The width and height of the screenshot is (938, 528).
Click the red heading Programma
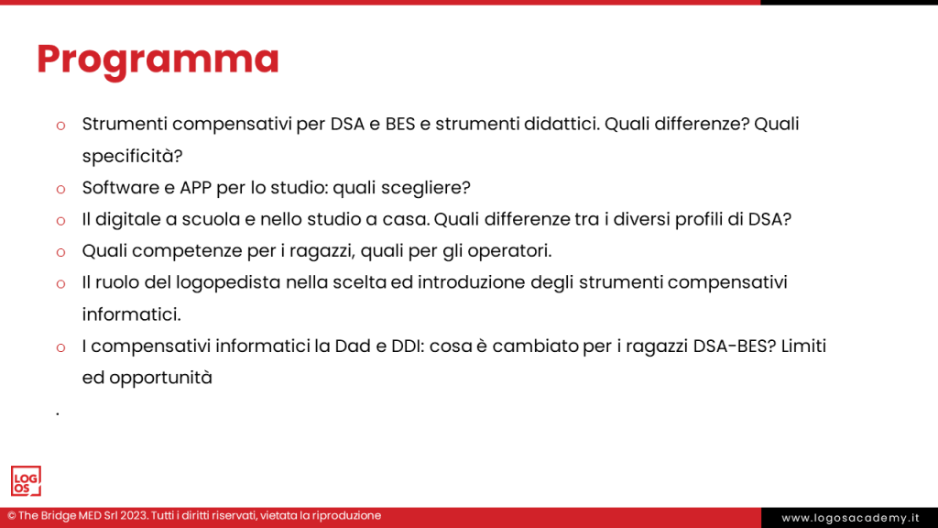tap(158, 59)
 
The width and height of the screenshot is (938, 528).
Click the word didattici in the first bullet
tap(560, 124)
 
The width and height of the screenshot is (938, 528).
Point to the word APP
tap(186, 188)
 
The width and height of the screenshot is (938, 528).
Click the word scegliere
tap(424, 188)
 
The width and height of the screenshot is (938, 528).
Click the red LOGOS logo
tap(26, 481)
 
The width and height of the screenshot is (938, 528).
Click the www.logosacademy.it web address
tap(850, 518)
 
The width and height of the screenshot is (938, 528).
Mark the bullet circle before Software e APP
tap(60, 189)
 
